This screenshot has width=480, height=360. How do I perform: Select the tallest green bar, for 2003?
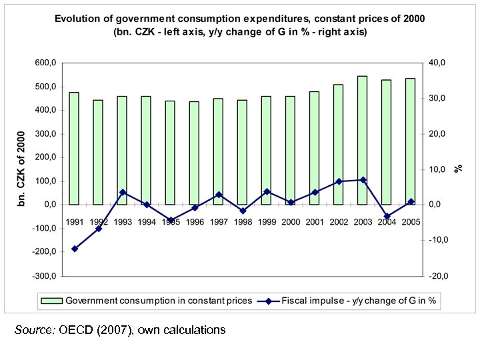[363, 140]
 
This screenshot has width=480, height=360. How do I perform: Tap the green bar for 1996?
[195, 153]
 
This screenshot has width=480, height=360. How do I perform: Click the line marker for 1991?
[75, 249]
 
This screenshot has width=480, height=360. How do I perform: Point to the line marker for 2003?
[363, 180]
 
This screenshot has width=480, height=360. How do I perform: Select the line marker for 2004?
[387, 217]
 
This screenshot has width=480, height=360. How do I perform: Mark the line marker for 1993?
[123, 192]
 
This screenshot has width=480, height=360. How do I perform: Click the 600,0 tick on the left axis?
[45, 63]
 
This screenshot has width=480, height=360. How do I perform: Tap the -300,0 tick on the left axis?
[44, 275]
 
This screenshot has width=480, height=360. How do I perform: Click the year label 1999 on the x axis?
[267, 222]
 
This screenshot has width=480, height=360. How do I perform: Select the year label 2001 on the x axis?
[315, 222]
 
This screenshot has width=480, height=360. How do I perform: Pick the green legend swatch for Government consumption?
[51, 301]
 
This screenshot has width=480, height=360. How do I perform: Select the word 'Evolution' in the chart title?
[77, 19]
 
